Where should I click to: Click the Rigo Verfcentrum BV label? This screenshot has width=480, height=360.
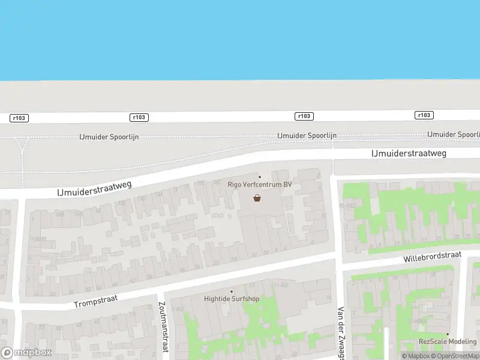coord(260,184)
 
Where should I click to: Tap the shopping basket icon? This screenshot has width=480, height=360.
coord(257,197)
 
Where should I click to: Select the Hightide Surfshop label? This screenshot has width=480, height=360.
coord(230,298)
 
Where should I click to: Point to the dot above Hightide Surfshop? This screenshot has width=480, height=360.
coord(231,290)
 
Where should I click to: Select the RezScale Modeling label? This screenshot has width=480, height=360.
coord(447,342)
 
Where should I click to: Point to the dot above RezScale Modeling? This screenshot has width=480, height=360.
coord(447,334)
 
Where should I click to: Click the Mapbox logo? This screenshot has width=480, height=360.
coord(26,353)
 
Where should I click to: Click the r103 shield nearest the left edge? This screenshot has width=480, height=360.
coord(19,118)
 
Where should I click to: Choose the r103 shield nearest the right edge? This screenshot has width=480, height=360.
coord(424,115)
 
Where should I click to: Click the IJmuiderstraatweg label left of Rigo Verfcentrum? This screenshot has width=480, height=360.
coord(94,186)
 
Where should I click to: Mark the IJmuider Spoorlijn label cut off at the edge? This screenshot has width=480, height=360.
coord(453,134)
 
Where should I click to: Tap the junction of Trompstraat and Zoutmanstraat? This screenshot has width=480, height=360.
coord(160,291)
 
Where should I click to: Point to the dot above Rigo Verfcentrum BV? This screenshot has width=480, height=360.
coord(260,176)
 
